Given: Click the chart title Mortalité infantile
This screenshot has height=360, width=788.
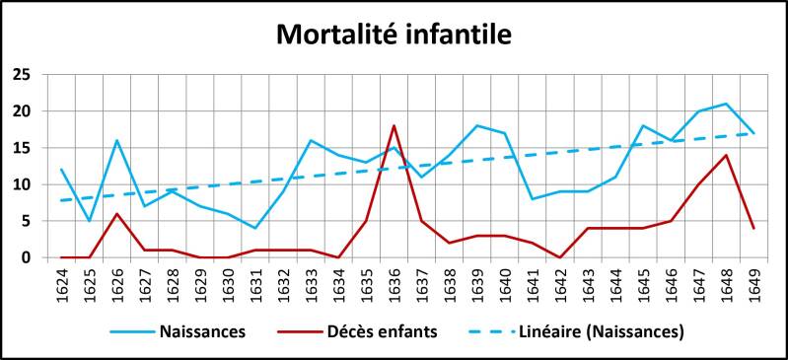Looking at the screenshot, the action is pyautogui.click(x=394, y=35).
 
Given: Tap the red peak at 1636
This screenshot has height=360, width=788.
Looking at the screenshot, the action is pyautogui.click(x=394, y=125).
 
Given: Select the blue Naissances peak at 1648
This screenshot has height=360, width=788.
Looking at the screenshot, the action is pyautogui.click(x=726, y=104).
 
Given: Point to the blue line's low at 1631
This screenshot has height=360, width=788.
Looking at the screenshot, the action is pyautogui.click(x=255, y=228).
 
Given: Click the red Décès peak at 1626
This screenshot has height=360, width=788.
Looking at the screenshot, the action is pyautogui.click(x=116, y=214).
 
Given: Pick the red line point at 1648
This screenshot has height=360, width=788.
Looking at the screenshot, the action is pyautogui.click(x=726, y=155).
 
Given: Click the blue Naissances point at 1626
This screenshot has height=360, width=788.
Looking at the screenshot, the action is pyautogui.click(x=116, y=140).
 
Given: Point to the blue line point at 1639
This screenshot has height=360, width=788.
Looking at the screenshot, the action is pyautogui.click(x=476, y=125).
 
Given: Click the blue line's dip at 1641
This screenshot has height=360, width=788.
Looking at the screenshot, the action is pyautogui.click(x=533, y=199).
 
